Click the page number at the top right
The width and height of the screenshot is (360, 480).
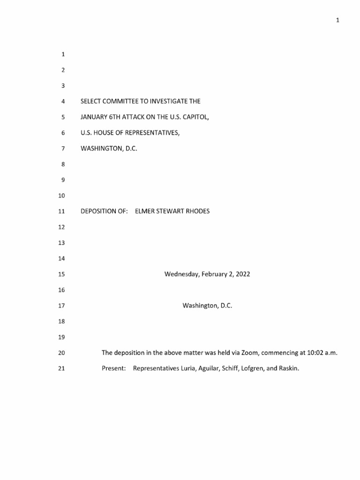[337, 20]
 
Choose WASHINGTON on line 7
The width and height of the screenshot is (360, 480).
[100, 149]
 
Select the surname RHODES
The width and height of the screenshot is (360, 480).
[197, 211]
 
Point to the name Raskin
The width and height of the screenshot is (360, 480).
[288, 368]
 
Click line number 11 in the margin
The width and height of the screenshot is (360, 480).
[60, 211]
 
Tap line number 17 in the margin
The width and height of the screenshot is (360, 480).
[60, 306]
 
